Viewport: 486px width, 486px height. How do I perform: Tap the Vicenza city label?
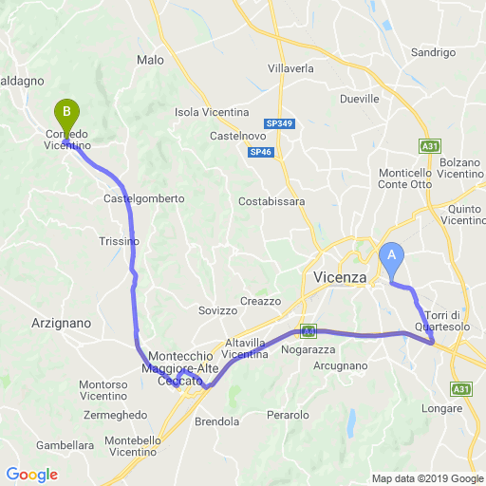(339, 277)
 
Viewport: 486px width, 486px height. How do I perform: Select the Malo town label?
(150, 60)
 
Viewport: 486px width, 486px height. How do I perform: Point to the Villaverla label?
(291, 69)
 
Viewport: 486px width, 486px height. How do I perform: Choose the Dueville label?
(359, 98)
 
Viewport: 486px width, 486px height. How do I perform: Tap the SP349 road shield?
(279, 123)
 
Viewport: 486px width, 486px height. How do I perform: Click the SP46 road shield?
(259, 152)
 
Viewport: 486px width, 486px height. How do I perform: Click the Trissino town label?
(119, 241)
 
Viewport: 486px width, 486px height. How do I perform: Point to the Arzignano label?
(62, 323)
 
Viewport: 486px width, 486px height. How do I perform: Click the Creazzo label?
(261, 301)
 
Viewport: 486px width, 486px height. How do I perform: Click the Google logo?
(31, 474)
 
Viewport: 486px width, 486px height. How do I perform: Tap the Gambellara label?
(65, 444)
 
